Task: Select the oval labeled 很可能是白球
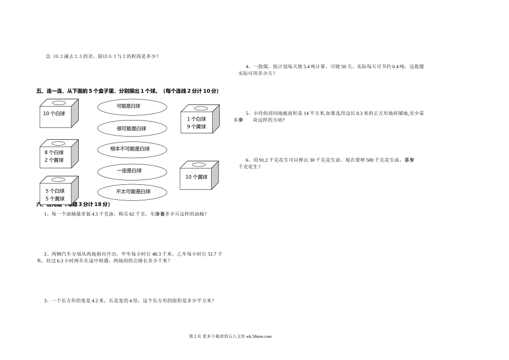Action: (132, 128)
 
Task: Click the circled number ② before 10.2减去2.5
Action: (48, 56)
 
